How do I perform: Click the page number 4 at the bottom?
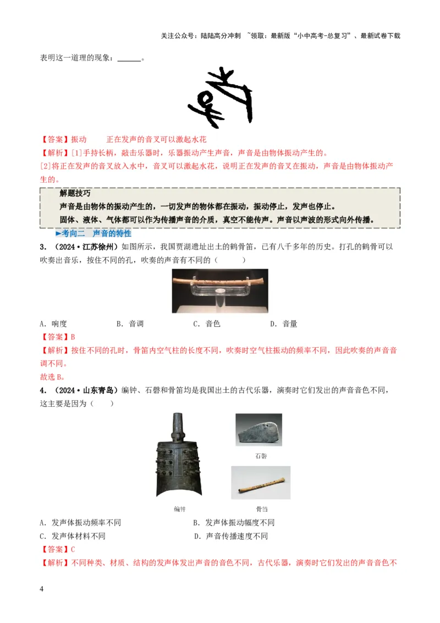coord(42,589)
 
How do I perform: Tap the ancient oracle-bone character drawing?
coord(220,97)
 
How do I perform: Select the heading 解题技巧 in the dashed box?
coord(75,194)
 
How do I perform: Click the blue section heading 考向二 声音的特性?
coord(97,233)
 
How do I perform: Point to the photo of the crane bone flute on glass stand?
coord(220,291)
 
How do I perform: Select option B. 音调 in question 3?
coord(130,324)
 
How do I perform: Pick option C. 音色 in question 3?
coord(206,324)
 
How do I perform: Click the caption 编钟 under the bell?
coord(179,509)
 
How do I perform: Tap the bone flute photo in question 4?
coord(261,483)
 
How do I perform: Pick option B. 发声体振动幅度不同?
coord(234,523)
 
